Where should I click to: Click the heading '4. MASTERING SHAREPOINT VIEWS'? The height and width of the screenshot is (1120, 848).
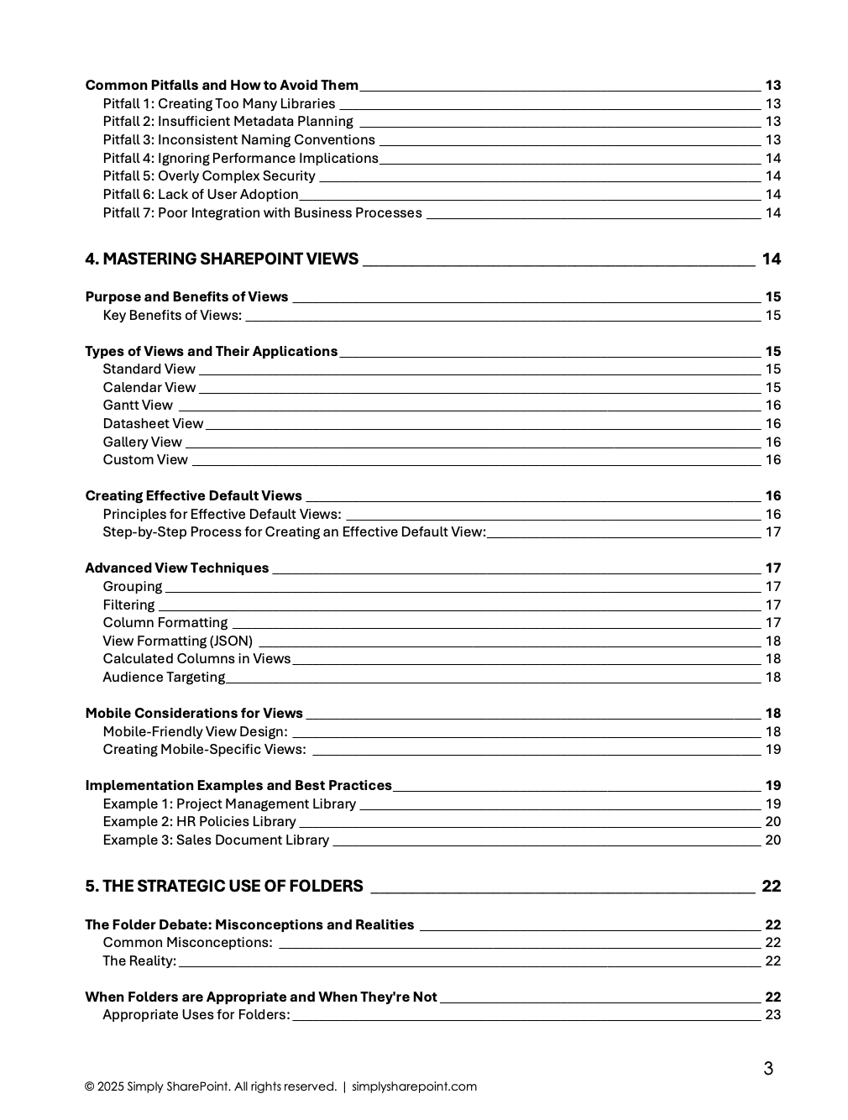(222, 259)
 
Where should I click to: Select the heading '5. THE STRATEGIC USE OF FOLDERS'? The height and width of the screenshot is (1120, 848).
(224, 886)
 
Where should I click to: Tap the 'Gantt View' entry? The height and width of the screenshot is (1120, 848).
(138, 406)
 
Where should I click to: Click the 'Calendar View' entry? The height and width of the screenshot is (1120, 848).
(149, 387)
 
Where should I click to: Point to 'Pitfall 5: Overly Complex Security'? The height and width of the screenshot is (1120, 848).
(209, 176)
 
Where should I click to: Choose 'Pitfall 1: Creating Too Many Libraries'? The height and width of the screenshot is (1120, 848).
(219, 104)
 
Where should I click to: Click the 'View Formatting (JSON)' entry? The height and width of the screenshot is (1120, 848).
(177, 641)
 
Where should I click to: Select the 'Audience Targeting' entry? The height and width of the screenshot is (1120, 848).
(164, 677)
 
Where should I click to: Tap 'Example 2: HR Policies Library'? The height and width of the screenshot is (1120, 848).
(199, 821)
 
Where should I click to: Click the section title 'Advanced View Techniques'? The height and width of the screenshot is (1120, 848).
(177, 568)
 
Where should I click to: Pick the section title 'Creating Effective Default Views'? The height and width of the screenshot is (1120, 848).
(194, 495)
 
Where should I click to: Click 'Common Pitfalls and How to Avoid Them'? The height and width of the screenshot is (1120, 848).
(222, 86)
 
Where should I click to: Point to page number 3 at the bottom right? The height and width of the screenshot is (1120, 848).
(767, 1068)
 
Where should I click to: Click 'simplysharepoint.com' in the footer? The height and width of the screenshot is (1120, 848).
(414, 1086)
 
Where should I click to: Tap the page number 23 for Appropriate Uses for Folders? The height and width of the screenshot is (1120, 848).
(772, 1014)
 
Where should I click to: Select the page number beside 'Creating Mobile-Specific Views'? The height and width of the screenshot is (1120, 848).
(772, 749)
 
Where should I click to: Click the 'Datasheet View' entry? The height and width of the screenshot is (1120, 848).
(153, 424)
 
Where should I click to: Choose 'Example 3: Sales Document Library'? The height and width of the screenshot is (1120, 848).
(216, 840)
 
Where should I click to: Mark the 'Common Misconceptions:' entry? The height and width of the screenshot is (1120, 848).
(187, 942)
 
